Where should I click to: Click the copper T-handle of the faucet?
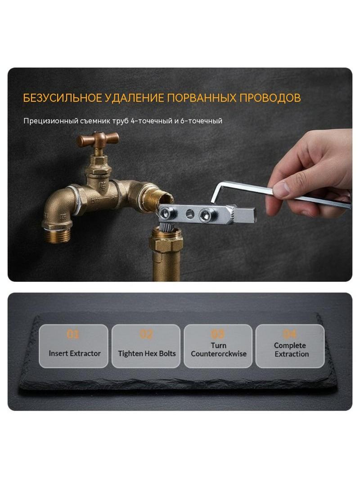(98, 139)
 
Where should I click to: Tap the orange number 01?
(73, 334)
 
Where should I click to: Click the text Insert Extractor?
(75, 353)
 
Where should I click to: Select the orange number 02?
(146, 334)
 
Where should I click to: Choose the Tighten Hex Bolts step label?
(147, 353)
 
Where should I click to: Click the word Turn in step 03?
(218, 345)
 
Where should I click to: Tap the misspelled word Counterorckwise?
(219, 354)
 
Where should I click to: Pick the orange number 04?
(289, 334)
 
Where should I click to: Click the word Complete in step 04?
(290, 346)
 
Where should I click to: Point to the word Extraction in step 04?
(292, 354)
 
